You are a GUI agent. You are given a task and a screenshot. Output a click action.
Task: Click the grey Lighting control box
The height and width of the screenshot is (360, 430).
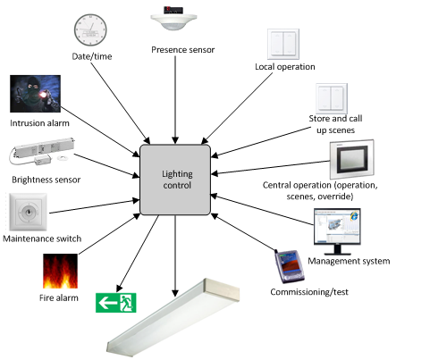click(176, 179)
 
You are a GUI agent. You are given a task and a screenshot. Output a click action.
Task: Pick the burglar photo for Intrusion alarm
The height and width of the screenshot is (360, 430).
click(37, 95)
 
